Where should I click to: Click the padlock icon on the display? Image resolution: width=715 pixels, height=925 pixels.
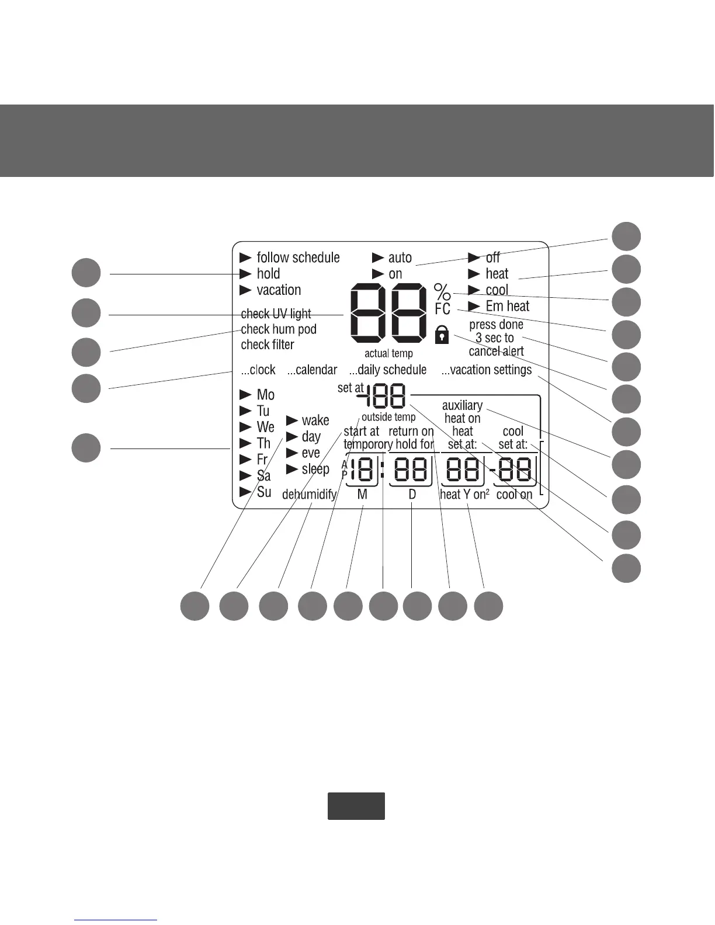point(442,335)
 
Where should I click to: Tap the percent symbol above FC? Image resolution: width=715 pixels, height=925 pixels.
point(442,291)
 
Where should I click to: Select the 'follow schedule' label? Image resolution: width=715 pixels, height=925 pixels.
point(298,258)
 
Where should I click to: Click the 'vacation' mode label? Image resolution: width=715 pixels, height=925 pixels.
point(279,290)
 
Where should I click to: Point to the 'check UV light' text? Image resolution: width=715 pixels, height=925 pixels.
point(276,314)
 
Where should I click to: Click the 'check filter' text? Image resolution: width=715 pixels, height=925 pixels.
point(268,345)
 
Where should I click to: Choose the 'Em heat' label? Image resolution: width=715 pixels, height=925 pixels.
point(507,306)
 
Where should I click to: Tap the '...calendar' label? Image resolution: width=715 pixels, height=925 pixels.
point(312,370)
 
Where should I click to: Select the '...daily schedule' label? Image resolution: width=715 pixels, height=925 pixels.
point(388,370)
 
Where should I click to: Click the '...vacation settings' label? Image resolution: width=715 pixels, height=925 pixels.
point(487,370)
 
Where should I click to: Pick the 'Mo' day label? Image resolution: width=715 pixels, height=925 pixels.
point(265,395)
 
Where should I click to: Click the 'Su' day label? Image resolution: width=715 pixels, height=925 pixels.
point(264,492)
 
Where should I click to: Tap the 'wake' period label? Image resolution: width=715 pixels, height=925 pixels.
point(315,420)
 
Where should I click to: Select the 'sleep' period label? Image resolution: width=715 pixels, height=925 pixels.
point(315,469)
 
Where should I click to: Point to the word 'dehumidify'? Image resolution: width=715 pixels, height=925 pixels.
point(309,495)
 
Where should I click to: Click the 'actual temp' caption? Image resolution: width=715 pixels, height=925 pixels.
point(388,353)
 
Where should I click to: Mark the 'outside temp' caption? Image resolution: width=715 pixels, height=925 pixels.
point(388,417)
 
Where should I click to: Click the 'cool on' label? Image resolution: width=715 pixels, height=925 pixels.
point(514,495)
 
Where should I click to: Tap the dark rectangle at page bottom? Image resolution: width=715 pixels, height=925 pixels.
point(356,806)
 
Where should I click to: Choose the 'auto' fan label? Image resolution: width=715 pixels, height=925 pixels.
point(400,258)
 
